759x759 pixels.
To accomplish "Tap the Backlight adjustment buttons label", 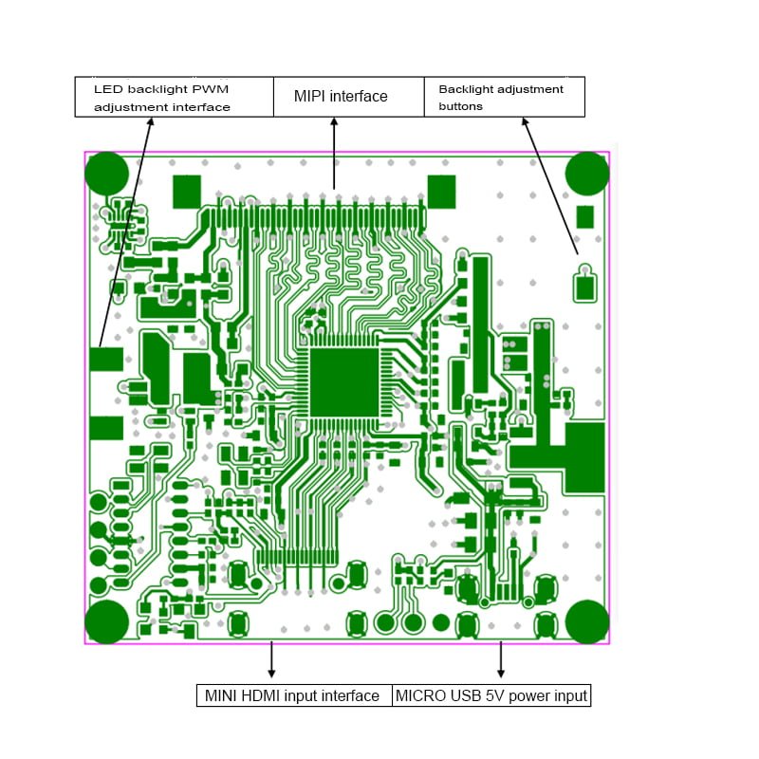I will (503, 97).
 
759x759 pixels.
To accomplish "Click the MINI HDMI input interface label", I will (293, 695).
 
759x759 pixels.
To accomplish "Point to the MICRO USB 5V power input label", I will (491, 695).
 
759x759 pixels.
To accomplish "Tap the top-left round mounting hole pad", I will (106, 174).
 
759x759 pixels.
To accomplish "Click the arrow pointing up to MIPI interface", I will (334, 152).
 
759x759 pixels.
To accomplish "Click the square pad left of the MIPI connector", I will (186, 192).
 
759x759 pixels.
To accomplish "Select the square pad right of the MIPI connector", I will (441, 192).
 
